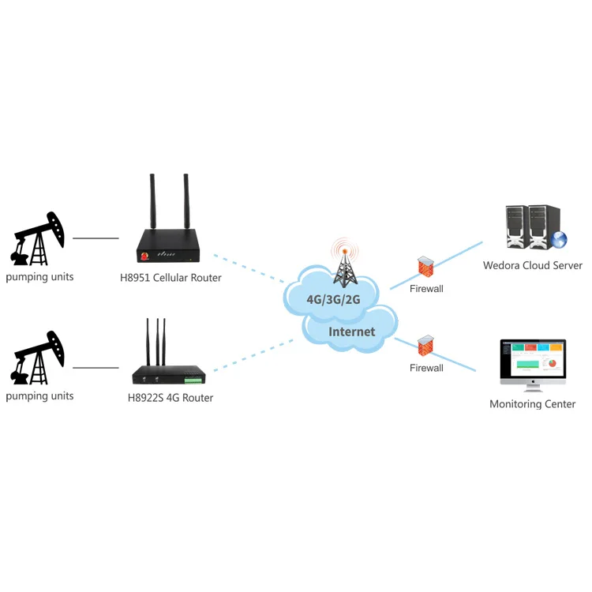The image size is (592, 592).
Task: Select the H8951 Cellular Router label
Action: pyautogui.click(x=170, y=278)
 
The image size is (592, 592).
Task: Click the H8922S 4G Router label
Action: pyautogui.click(x=170, y=398)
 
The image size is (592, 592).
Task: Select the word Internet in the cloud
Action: pyautogui.click(x=352, y=332)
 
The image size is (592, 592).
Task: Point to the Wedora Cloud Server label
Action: pyautogui.click(x=533, y=265)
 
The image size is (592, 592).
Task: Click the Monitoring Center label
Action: pyautogui.click(x=533, y=404)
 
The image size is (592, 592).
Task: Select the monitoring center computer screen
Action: pyautogui.click(x=533, y=359)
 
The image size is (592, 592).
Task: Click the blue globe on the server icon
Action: pyautogui.click(x=559, y=240)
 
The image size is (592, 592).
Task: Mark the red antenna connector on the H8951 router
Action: pyautogui.click(x=144, y=257)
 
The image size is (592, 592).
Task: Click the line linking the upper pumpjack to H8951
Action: pyautogui.click(x=95, y=238)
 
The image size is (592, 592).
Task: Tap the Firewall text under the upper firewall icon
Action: pyautogui.click(x=426, y=289)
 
